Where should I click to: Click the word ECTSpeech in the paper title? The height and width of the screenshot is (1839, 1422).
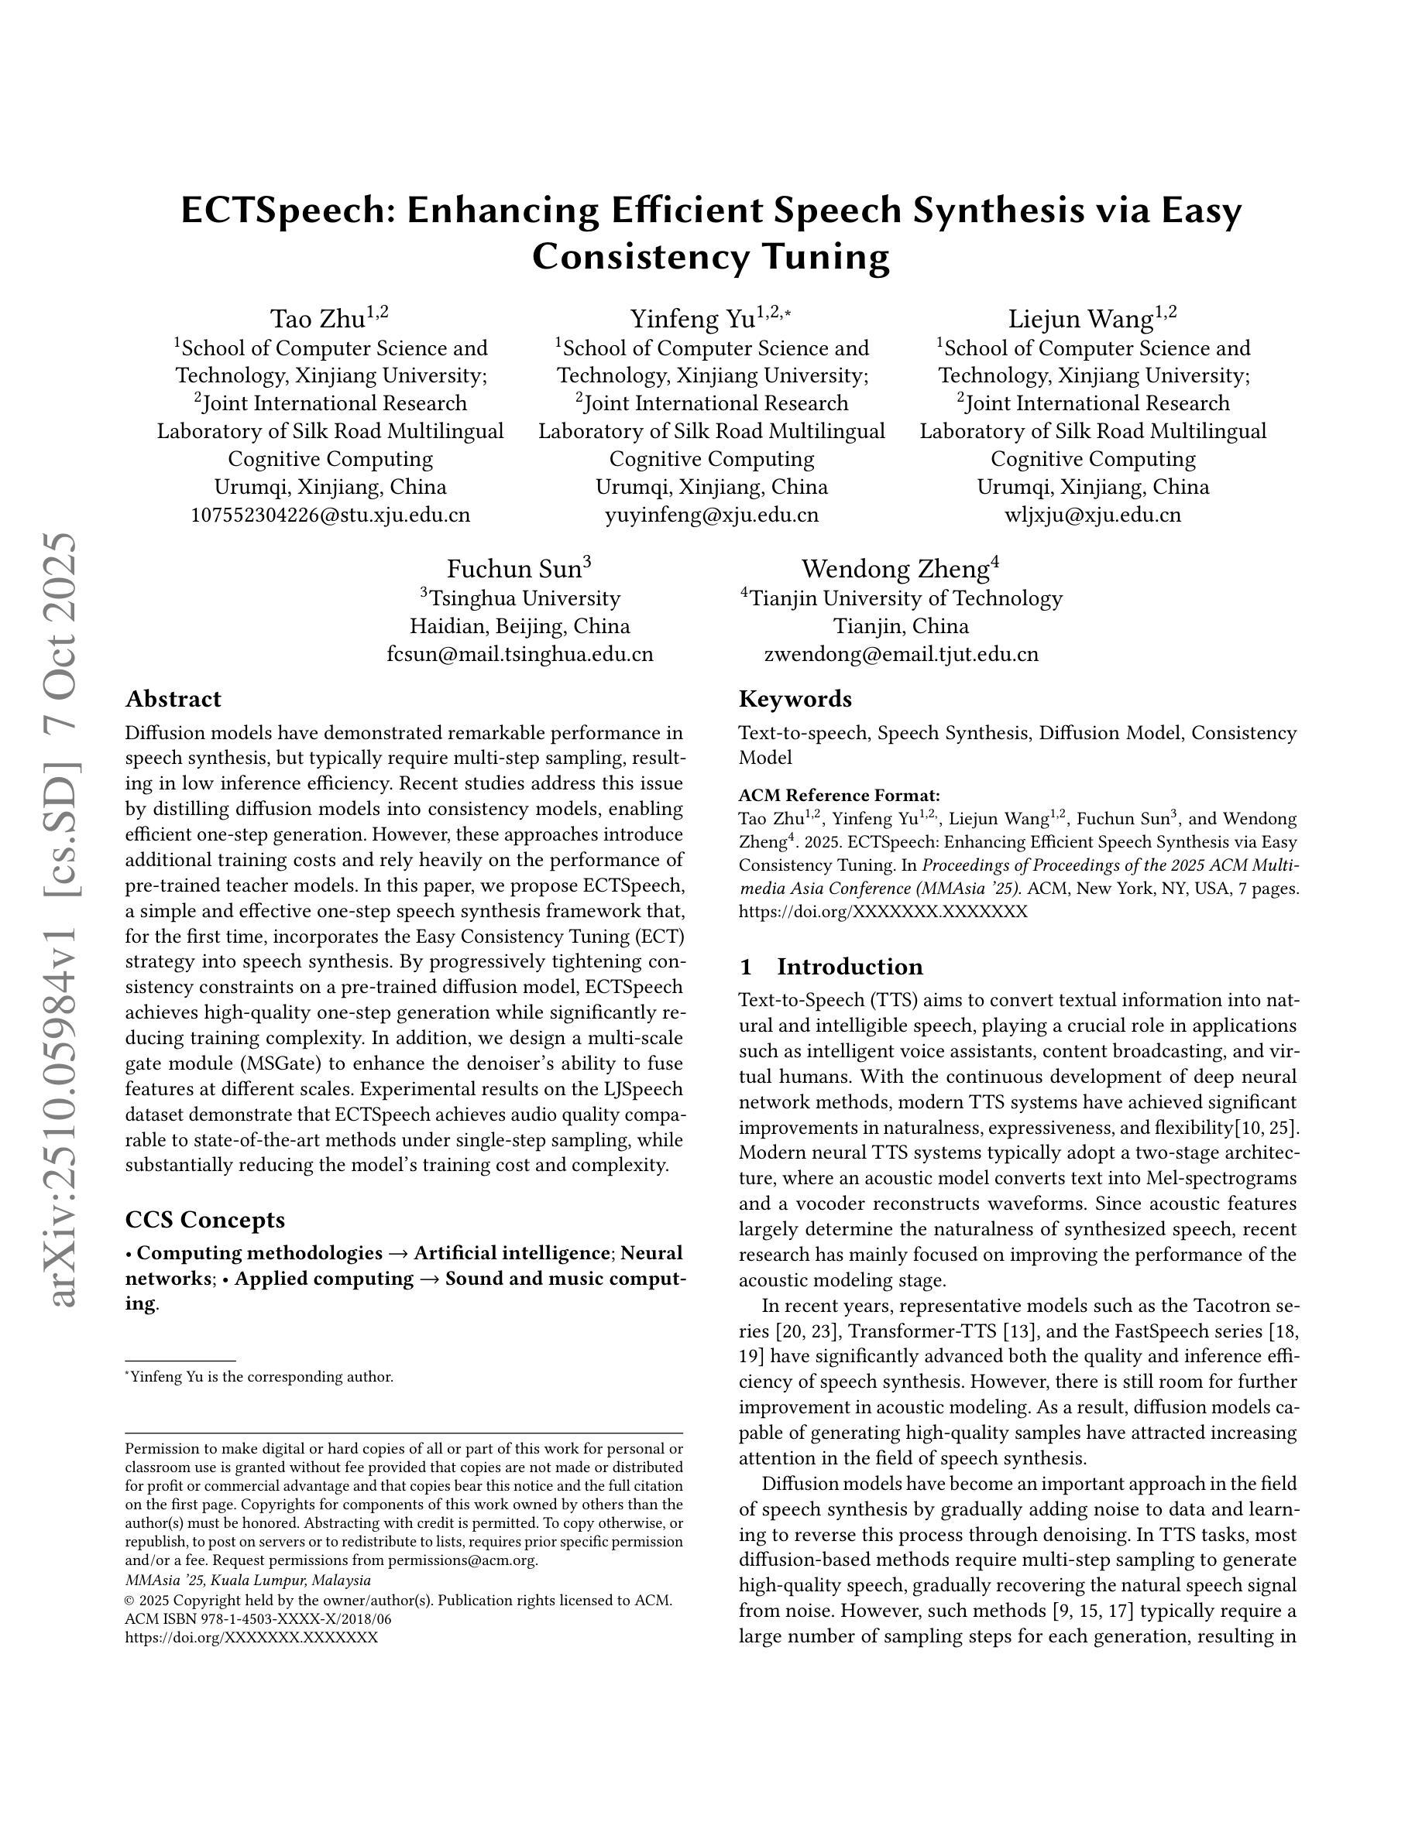(x=283, y=211)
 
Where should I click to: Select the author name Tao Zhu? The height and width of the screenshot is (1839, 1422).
(x=318, y=319)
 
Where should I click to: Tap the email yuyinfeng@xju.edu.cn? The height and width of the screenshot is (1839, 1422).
(x=711, y=515)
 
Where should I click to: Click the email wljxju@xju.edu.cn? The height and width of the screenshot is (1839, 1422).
(x=1093, y=515)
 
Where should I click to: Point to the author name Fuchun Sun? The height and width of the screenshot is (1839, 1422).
(x=513, y=569)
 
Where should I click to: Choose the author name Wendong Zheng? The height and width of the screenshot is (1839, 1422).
(x=895, y=569)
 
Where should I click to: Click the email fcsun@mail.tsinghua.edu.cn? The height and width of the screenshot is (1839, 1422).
(x=520, y=654)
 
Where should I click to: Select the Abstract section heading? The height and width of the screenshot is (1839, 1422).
(x=173, y=699)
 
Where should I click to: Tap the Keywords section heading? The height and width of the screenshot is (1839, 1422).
(x=795, y=699)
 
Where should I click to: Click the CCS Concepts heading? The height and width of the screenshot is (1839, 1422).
(x=204, y=1219)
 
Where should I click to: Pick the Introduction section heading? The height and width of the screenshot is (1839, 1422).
(x=849, y=966)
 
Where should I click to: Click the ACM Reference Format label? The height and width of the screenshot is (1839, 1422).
(x=839, y=795)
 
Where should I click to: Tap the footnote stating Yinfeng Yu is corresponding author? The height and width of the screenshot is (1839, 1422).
(x=259, y=1377)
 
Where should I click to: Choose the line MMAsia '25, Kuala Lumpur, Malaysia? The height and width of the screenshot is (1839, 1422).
(x=248, y=1580)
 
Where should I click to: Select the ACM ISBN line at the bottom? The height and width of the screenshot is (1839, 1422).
(x=258, y=1618)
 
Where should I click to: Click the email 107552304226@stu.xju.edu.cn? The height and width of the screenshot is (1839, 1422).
(x=330, y=515)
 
